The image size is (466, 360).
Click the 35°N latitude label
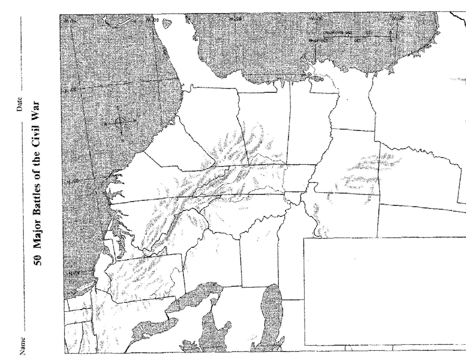pyautogui.click(x=70, y=183)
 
